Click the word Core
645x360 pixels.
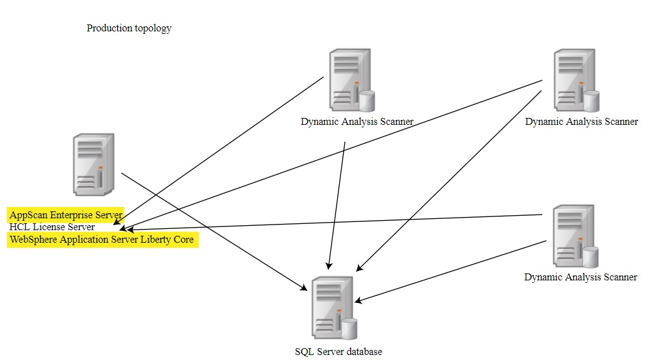pyautogui.click(x=183, y=240)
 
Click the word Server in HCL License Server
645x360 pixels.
pyautogui.click(x=81, y=227)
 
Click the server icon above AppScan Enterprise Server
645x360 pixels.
pyautogui.click(x=93, y=164)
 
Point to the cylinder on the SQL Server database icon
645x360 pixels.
pyautogui.click(x=349, y=328)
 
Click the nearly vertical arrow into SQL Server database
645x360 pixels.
pyautogui.click(x=337, y=207)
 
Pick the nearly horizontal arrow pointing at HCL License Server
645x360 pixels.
pyautogui.click(x=332, y=222)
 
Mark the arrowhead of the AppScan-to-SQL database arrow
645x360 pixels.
pyautogui.click(x=305, y=288)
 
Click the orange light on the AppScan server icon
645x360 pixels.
pyautogui.click(x=100, y=167)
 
